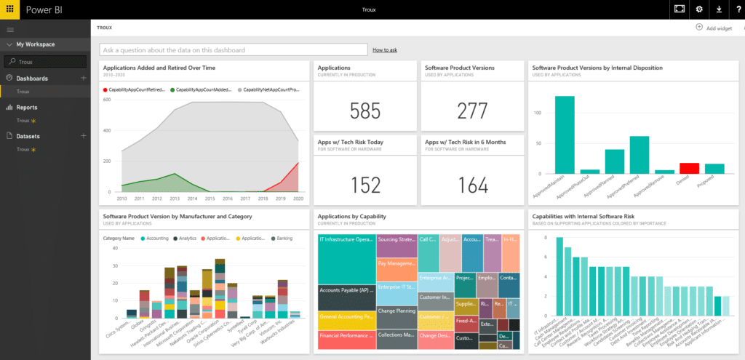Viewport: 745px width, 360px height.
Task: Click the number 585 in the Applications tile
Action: (x=364, y=111)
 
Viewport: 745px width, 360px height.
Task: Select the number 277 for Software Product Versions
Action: (x=472, y=111)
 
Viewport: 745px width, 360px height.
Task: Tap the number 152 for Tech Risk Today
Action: (x=364, y=185)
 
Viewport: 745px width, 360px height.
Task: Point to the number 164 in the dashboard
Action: (x=472, y=185)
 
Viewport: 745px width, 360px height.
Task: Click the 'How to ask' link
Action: (x=384, y=50)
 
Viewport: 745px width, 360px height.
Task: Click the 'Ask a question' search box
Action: (x=233, y=50)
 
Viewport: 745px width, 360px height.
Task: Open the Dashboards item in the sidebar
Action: (x=32, y=78)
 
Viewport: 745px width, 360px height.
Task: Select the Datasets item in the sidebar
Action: (x=28, y=136)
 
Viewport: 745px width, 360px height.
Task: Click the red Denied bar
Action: (x=689, y=168)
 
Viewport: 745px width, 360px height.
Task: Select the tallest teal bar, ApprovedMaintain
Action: (x=565, y=135)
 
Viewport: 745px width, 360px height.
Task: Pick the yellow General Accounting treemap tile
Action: (x=346, y=317)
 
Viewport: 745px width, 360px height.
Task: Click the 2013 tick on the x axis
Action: (x=174, y=198)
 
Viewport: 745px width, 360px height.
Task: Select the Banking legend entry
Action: (x=283, y=238)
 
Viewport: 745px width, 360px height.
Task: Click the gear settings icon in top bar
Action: (x=699, y=9)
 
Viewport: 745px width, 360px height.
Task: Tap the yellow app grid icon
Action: (x=9, y=9)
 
